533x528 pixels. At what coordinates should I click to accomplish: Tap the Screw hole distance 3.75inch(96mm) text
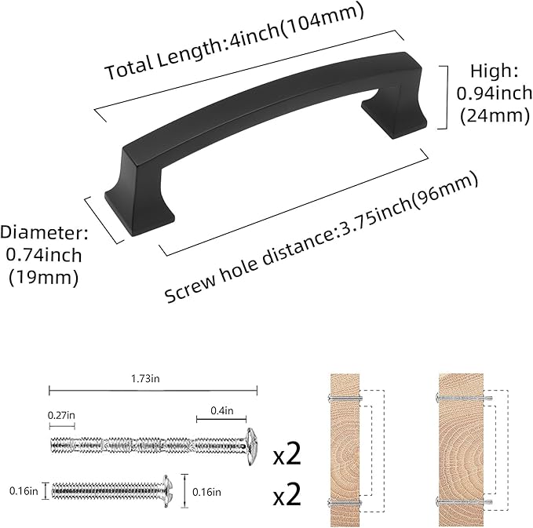click(321, 236)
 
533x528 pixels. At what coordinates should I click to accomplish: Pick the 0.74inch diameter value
click(45, 255)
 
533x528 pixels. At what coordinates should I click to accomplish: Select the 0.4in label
click(221, 410)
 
